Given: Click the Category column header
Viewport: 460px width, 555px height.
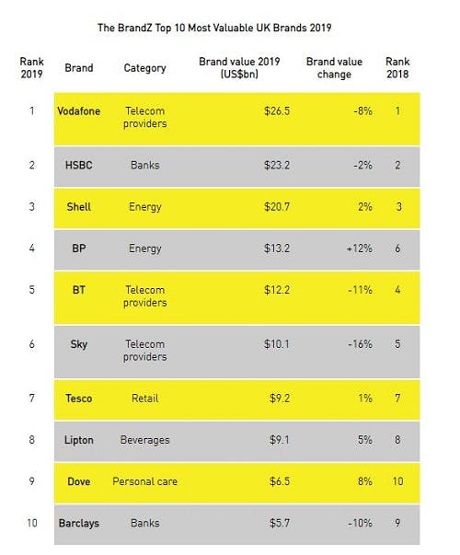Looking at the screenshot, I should pos(144,68).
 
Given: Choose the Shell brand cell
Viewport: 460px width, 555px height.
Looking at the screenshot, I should pos(78,207).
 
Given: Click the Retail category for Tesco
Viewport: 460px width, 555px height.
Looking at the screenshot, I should pos(144,398).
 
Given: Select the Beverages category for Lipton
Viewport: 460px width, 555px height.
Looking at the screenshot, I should pos(144,440).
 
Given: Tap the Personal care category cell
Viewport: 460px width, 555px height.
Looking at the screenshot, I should pos(144,480).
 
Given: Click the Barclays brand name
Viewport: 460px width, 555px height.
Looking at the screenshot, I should pos(78,523).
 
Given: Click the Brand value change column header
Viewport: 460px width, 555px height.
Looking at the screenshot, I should pos(334,68).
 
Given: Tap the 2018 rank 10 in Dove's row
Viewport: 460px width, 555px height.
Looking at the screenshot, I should pos(399,480).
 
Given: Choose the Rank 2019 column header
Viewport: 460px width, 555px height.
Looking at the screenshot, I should pos(31,68).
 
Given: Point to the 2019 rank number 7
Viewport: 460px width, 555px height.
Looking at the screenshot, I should pos(31,398).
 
